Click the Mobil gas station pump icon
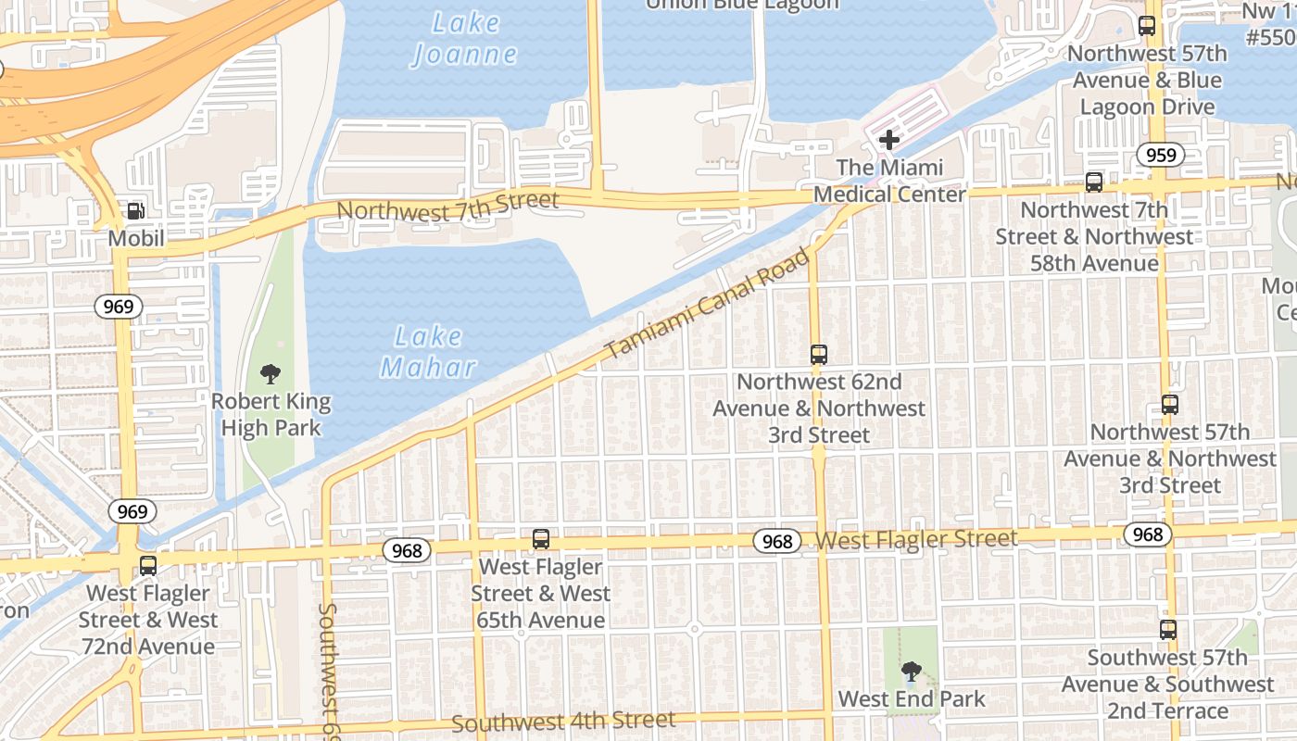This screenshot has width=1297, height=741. pos(135,211)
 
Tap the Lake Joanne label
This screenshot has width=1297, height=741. pos(465,39)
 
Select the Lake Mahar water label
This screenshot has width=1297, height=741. pos(428,352)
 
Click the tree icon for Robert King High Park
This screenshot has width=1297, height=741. pos(271,374)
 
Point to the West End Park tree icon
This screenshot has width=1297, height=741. pos(912,672)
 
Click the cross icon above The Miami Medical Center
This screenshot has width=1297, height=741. pos(889,141)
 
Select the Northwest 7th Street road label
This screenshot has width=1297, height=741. pos(447,206)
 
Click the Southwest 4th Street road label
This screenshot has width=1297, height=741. pos(563,721)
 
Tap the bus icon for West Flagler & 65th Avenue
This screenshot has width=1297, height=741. pos(541,539)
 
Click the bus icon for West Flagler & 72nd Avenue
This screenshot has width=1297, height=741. pos(148,565)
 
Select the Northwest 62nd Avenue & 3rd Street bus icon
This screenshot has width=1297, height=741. pos(819,354)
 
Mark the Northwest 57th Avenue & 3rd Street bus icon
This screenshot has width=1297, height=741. pos(1170,405)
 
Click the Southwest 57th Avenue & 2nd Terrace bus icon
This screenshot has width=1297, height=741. pos(1168,630)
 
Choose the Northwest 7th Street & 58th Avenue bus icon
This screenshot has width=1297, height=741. pos(1094,182)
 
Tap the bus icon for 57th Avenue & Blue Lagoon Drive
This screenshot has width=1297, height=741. pos(1147,26)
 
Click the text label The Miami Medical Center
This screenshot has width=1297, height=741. pos(889,181)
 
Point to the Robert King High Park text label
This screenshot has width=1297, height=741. pos(271,415)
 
